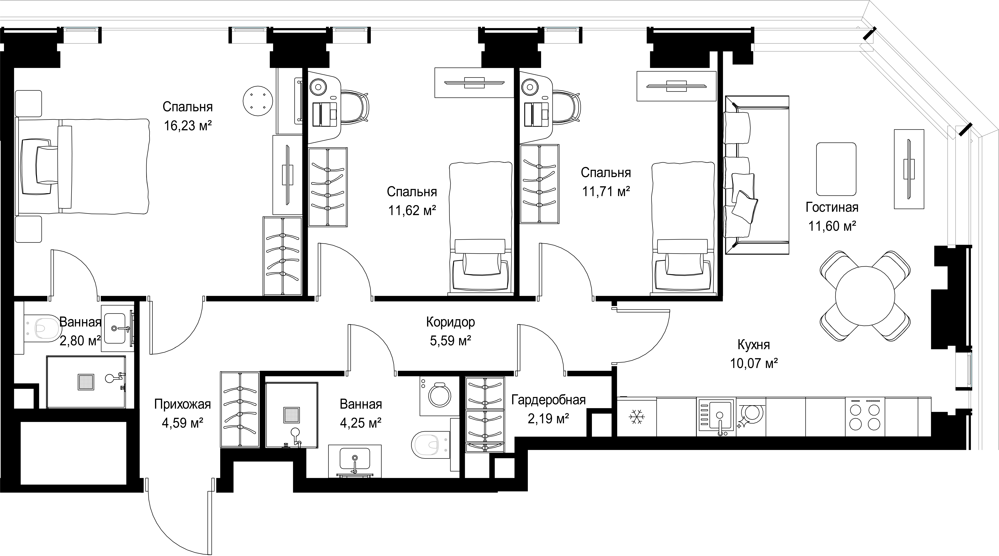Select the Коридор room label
450,322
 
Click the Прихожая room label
182,404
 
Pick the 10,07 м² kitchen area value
754,364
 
